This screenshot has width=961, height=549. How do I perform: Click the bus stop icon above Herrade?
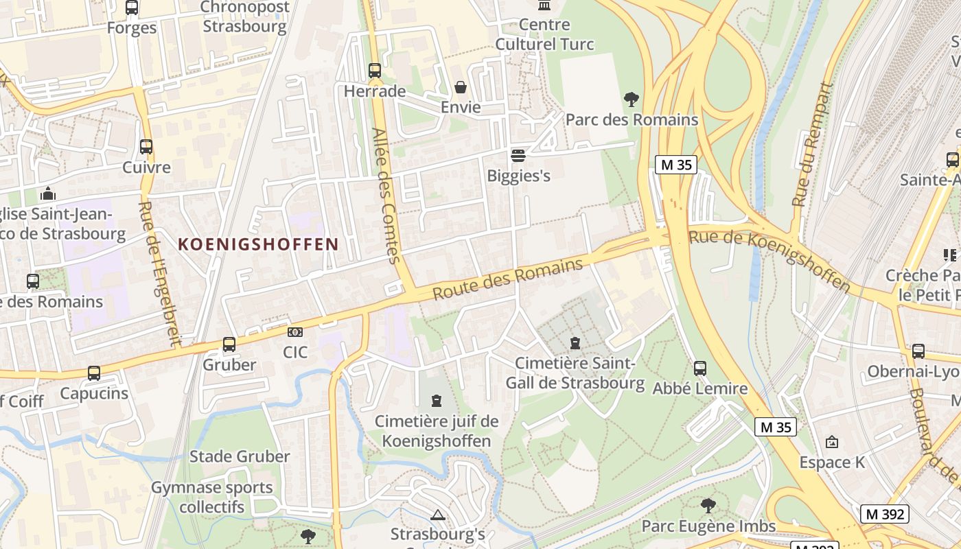[x=374, y=71]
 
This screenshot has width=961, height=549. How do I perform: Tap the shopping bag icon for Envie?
[x=461, y=87]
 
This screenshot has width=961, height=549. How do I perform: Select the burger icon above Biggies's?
[x=518, y=155]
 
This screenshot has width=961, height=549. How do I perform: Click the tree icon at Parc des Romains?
[x=632, y=100]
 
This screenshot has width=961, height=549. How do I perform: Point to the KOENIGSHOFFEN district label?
[x=259, y=244]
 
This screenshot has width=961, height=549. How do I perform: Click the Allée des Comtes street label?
[x=386, y=196]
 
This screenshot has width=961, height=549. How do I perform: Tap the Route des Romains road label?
[x=508, y=279]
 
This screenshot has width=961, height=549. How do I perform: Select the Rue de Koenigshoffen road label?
[x=769, y=259]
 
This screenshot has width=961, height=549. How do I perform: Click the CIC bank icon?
[x=295, y=332]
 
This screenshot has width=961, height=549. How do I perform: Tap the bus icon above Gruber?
[x=229, y=344]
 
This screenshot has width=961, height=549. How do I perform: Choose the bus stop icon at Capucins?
[x=94, y=373]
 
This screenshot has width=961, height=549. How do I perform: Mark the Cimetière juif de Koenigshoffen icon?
[x=436, y=401]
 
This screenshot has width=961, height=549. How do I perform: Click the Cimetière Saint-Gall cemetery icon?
[x=575, y=342]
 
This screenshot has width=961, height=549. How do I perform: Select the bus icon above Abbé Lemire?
[x=700, y=369]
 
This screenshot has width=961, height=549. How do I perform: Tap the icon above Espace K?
[x=832, y=442]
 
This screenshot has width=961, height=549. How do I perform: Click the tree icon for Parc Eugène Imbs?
[x=708, y=506]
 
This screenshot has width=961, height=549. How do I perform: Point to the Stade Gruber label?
[x=240, y=456]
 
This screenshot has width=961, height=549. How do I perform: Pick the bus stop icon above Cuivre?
[x=146, y=147]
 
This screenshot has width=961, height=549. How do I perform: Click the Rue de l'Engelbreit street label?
[x=159, y=272]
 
